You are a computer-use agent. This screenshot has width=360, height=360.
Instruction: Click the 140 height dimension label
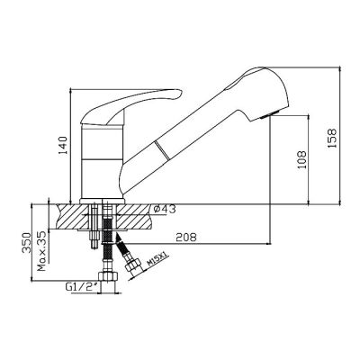63,146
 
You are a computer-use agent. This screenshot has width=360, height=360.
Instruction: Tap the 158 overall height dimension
332,138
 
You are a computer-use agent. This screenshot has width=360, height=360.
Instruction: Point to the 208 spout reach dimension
186,238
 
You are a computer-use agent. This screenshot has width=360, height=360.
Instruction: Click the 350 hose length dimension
26,242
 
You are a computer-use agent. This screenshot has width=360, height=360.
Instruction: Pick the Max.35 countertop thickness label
41,251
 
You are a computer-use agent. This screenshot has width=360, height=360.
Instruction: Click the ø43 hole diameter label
165,210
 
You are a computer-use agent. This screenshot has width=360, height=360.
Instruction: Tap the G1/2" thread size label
83,287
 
